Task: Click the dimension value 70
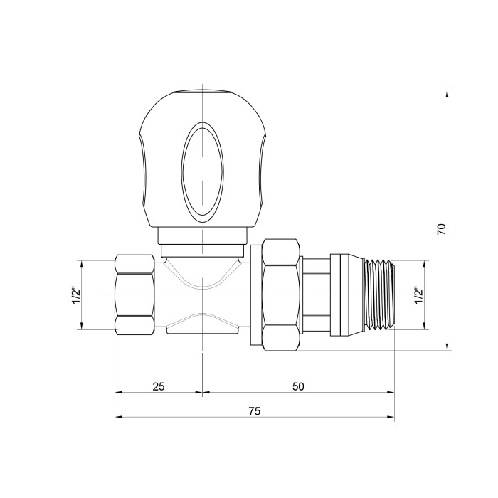(x=442, y=229)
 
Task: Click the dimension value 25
(x=159, y=386)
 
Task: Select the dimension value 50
(x=298, y=386)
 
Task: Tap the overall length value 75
(x=255, y=411)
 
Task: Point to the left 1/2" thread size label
(x=77, y=295)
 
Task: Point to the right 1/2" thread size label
(x=419, y=295)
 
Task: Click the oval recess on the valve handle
(x=202, y=172)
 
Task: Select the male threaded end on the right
(x=380, y=295)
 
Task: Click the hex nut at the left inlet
(x=134, y=295)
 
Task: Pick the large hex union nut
(x=281, y=295)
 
